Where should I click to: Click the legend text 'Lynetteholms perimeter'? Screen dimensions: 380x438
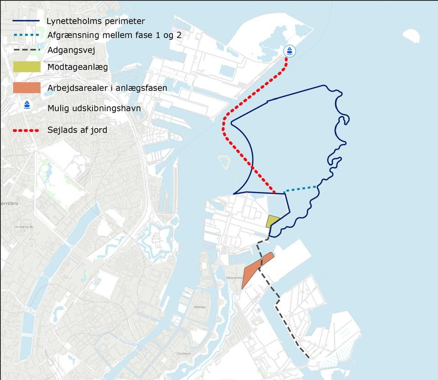pos(96,21)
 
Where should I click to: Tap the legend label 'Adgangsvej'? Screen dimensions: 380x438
pos(71,50)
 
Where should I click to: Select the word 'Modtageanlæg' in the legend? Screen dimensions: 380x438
pos(78,68)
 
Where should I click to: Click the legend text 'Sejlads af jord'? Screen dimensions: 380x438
pos(77,130)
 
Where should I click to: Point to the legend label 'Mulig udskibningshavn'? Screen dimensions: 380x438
pos(94,109)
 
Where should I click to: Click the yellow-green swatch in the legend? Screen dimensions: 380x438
pos(27,67)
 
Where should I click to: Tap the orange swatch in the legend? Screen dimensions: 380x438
pos(27,88)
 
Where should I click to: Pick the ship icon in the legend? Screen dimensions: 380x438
pos(27,105)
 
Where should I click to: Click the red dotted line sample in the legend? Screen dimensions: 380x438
pos(27,130)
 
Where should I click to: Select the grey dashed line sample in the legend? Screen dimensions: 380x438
pos(27,50)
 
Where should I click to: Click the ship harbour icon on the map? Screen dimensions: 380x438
pos(289,51)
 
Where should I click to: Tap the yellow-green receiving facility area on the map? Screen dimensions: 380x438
pos(272,221)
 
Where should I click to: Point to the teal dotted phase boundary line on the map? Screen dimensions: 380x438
pos(300,189)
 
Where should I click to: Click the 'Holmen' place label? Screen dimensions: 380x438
pos(199,307)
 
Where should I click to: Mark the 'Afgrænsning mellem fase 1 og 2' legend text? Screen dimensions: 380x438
pos(115,35)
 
